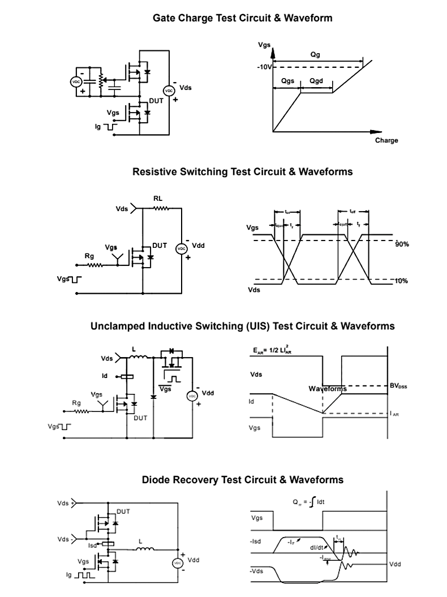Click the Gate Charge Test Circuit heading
(x=243, y=18)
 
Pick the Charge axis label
(x=386, y=140)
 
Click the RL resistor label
(x=158, y=199)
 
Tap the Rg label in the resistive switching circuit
(x=89, y=256)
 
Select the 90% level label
(x=402, y=244)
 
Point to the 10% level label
(x=402, y=281)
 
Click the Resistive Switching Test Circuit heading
(x=242, y=171)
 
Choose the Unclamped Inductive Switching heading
(x=242, y=327)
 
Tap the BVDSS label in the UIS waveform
(x=398, y=386)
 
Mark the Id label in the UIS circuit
(x=105, y=376)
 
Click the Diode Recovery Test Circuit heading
(x=242, y=480)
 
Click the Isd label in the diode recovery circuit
(x=92, y=546)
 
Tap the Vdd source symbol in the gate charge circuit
(x=167, y=91)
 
